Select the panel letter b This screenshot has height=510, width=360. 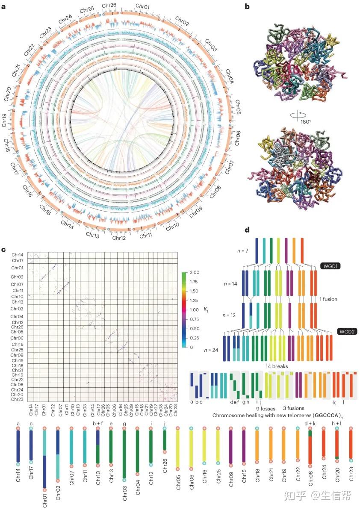point(247,7)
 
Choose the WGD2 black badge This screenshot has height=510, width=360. point(348,331)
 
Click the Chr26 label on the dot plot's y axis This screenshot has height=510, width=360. point(17,327)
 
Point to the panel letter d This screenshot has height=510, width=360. point(247,230)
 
